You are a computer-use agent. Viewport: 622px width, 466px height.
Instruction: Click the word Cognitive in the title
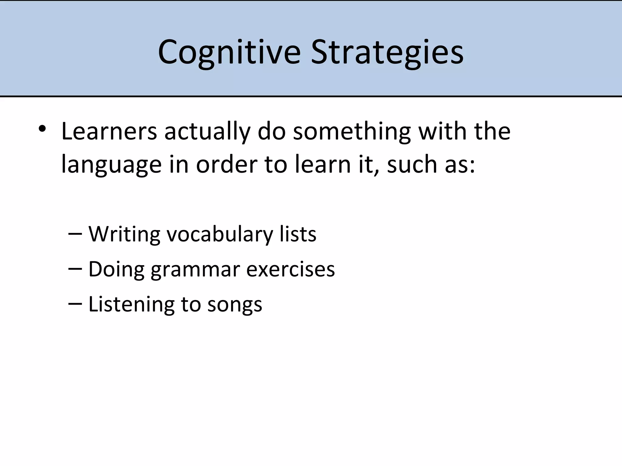click(x=229, y=52)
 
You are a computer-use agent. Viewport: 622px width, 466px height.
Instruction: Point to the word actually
click(x=207, y=132)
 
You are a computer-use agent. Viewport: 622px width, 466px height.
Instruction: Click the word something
click(x=352, y=132)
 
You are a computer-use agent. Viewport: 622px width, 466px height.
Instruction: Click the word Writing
click(x=124, y=235)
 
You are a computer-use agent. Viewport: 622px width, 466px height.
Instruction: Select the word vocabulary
click(x=220, y=235)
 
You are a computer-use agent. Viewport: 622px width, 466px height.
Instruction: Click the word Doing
click(x=116, y=270)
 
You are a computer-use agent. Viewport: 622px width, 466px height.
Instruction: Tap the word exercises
click(x=290, y=269)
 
